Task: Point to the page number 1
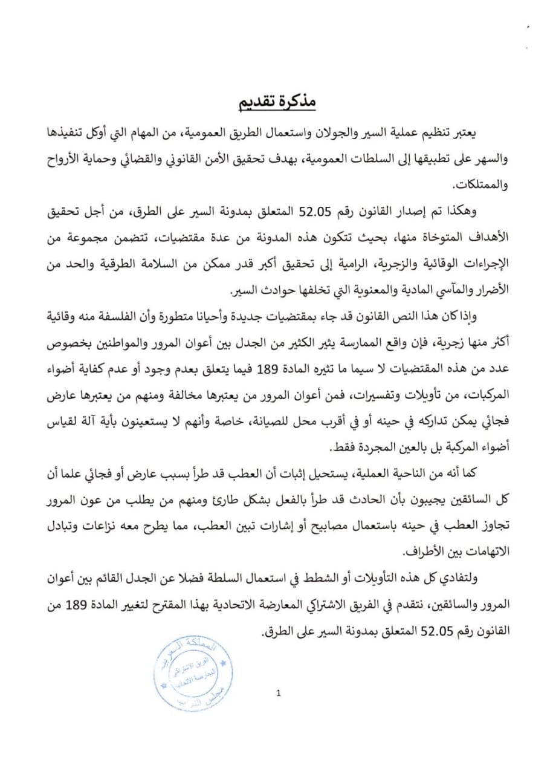pos(277,694)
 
